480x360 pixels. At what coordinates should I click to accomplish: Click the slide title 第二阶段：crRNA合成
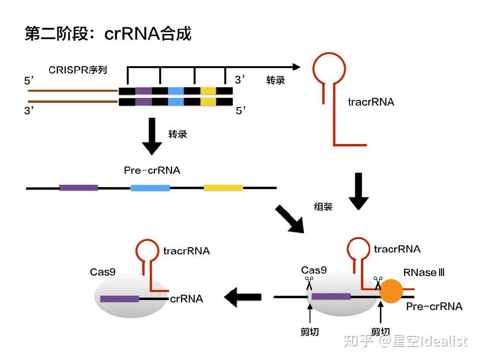pyautogui.click(x=108, y=34)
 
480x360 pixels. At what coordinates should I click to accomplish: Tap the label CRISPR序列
pyautogui.click(x=77, y=70)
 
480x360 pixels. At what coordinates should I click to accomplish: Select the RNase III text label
pyautogui.click(x=424, y=273)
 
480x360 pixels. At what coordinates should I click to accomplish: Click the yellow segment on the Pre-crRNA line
pyautogui.click(x=223, y=188)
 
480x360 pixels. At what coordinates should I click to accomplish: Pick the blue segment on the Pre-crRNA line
pyautogui.click(x=150, y=188)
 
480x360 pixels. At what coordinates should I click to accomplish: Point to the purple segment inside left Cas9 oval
pyautogui.click(x=120, y=299)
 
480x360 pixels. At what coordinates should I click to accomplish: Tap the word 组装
pyautogui.click(x=323, y=207)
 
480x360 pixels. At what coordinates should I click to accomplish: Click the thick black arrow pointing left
pyautogui.click(x=243, y=298)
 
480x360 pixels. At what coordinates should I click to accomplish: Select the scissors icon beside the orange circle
pyautogui.click(x=378, y=281)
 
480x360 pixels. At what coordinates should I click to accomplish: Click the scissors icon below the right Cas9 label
pyautogui.click(x=309, y=281)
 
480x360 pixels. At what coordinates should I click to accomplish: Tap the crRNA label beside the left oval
pyautogui.click(x=186, y=299)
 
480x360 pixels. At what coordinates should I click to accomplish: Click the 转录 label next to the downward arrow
pyautogui.click(x=178, y=134)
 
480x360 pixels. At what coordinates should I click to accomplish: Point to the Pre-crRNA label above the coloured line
pyautogui.click(x=152, y=170)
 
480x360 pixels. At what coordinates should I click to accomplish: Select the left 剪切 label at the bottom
pyautogui.click(x=310, y=332)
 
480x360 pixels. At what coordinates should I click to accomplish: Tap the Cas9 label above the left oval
pyautogui.click(x=103, y=272)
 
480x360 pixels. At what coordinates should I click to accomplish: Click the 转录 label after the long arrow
pyautogui.click(x=276, y=80)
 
